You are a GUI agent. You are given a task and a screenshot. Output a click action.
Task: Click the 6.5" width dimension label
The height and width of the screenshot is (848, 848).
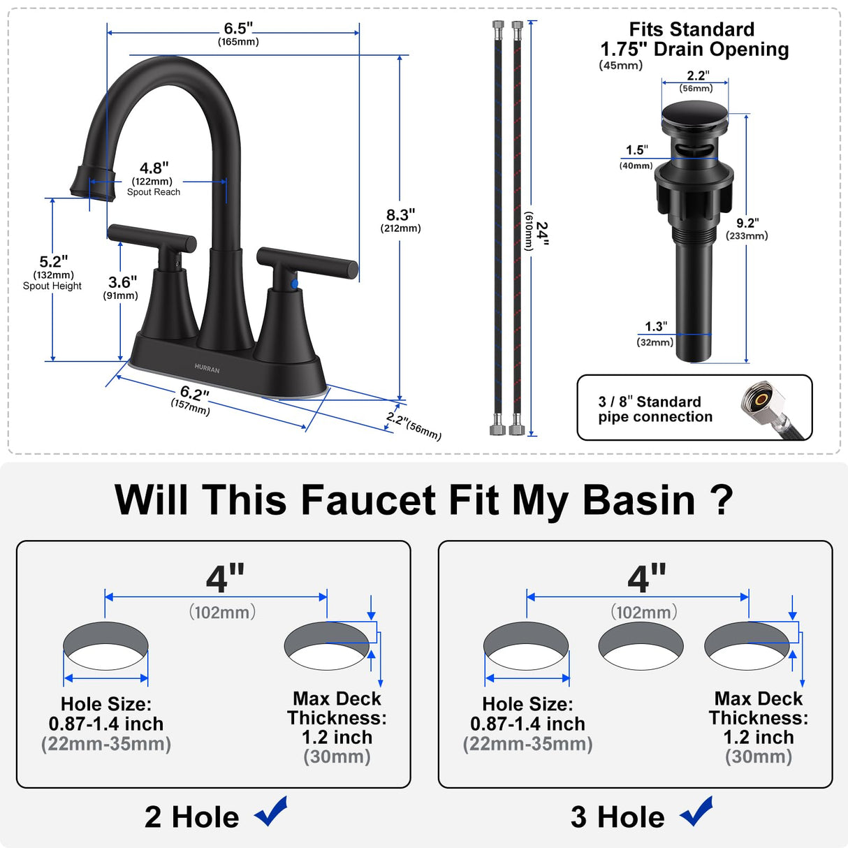click(238, 29)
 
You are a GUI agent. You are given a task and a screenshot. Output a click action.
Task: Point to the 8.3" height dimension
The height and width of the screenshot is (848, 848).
click(401, 216)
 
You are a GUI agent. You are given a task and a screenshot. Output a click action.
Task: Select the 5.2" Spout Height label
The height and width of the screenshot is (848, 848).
click(53, 263)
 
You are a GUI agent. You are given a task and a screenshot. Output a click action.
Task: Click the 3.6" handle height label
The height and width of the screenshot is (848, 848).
click(122, 283)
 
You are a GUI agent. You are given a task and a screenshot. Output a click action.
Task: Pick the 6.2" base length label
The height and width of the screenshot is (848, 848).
click(193, 395)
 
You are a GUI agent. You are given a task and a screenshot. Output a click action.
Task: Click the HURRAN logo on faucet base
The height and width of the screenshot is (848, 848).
click(207, 369)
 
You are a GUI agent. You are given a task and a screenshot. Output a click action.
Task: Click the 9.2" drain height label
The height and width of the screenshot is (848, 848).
click(747, 224)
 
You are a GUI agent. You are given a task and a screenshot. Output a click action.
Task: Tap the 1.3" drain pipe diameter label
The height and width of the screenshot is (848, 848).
click(655, 327)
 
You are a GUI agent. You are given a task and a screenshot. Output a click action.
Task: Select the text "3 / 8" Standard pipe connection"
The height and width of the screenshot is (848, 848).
click(655, 409)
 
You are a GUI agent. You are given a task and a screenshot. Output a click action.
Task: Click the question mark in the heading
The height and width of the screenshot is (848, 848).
click(721, 500)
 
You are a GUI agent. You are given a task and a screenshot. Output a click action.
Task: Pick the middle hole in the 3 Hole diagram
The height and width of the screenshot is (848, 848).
click(641, 646)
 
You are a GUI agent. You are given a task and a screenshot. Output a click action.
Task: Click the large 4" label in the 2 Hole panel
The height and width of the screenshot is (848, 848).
click(225, 578)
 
